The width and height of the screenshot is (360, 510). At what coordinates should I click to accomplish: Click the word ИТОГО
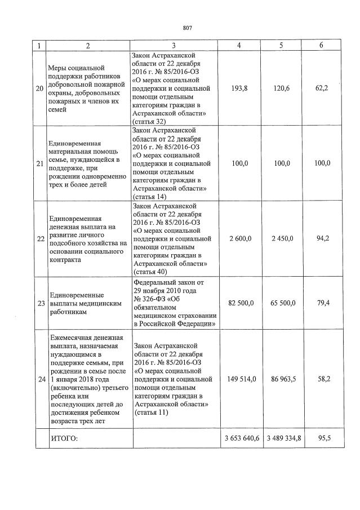[64, 438]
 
